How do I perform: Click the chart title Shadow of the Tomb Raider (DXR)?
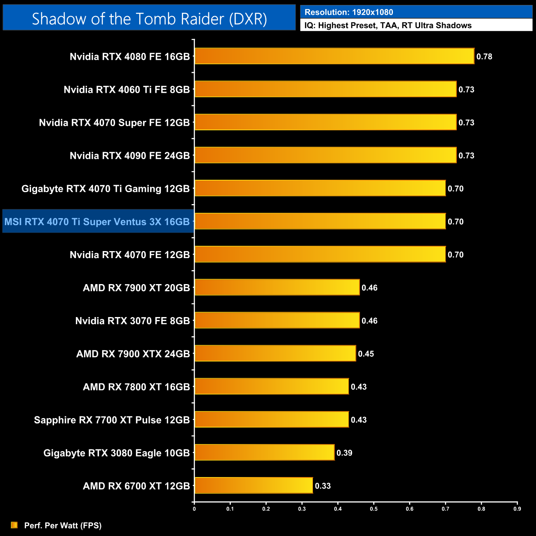click(x=149, y=19)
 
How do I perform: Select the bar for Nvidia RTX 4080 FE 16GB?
click(x=334, y=56)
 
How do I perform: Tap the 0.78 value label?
click(x=484, y=56)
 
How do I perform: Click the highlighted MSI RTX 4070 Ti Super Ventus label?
click(x=97, y=222)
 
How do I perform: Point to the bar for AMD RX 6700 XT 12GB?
click(x=254, y=485)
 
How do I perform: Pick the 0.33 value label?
click(x=323, y=486)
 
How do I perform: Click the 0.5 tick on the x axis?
click(x=374, y=509)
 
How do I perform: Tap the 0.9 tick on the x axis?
click(x=517, y=509)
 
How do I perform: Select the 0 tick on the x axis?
click(x=194, y=509)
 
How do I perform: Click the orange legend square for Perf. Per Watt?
click(x=14, y=525)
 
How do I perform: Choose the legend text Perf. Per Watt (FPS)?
click(x=63, y=525)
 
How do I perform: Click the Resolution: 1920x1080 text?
click(x=349, y=12)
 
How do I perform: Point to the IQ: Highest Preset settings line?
click(x=388, y=26)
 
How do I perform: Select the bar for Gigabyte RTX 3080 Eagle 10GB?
click(x=264, y=452)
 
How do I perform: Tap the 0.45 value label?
click(x=366, y=354)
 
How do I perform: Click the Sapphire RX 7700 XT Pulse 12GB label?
click(x=112, y=420)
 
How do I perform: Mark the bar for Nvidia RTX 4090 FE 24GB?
click(x=325, y=155)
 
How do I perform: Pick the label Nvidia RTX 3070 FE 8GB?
click(x=132, y=321)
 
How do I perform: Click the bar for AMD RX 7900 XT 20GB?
click(x=277, y=287)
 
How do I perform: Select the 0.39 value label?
click(x=344, y=453)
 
